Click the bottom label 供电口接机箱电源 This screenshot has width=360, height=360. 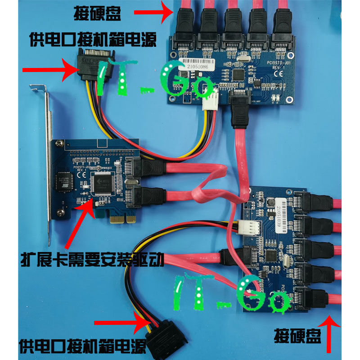point(82,347)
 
